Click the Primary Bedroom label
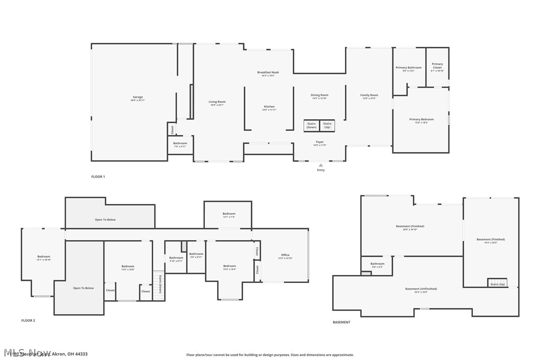(421, 120)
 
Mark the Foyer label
(320, 143)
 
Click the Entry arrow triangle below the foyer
(321, 165)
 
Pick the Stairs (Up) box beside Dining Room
(327, 125)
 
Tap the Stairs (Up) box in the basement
(497, 284)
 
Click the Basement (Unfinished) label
(421, 289)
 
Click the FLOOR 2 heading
(28, 321)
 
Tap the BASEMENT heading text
(341, 322)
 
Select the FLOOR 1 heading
(98, 177)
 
